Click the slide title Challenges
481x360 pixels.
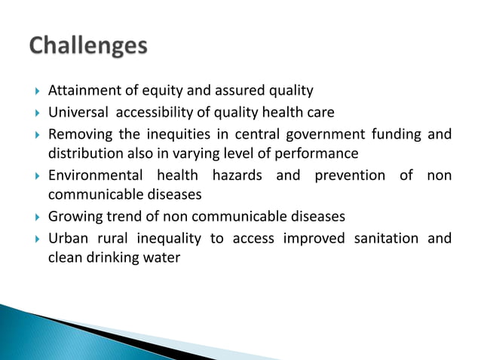[88, 47]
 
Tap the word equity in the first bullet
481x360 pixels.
[152, 91]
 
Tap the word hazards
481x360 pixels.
[235, 175]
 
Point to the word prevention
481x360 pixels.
[347, 175]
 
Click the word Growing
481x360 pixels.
[72, 217]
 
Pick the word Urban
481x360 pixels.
[66, 239]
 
